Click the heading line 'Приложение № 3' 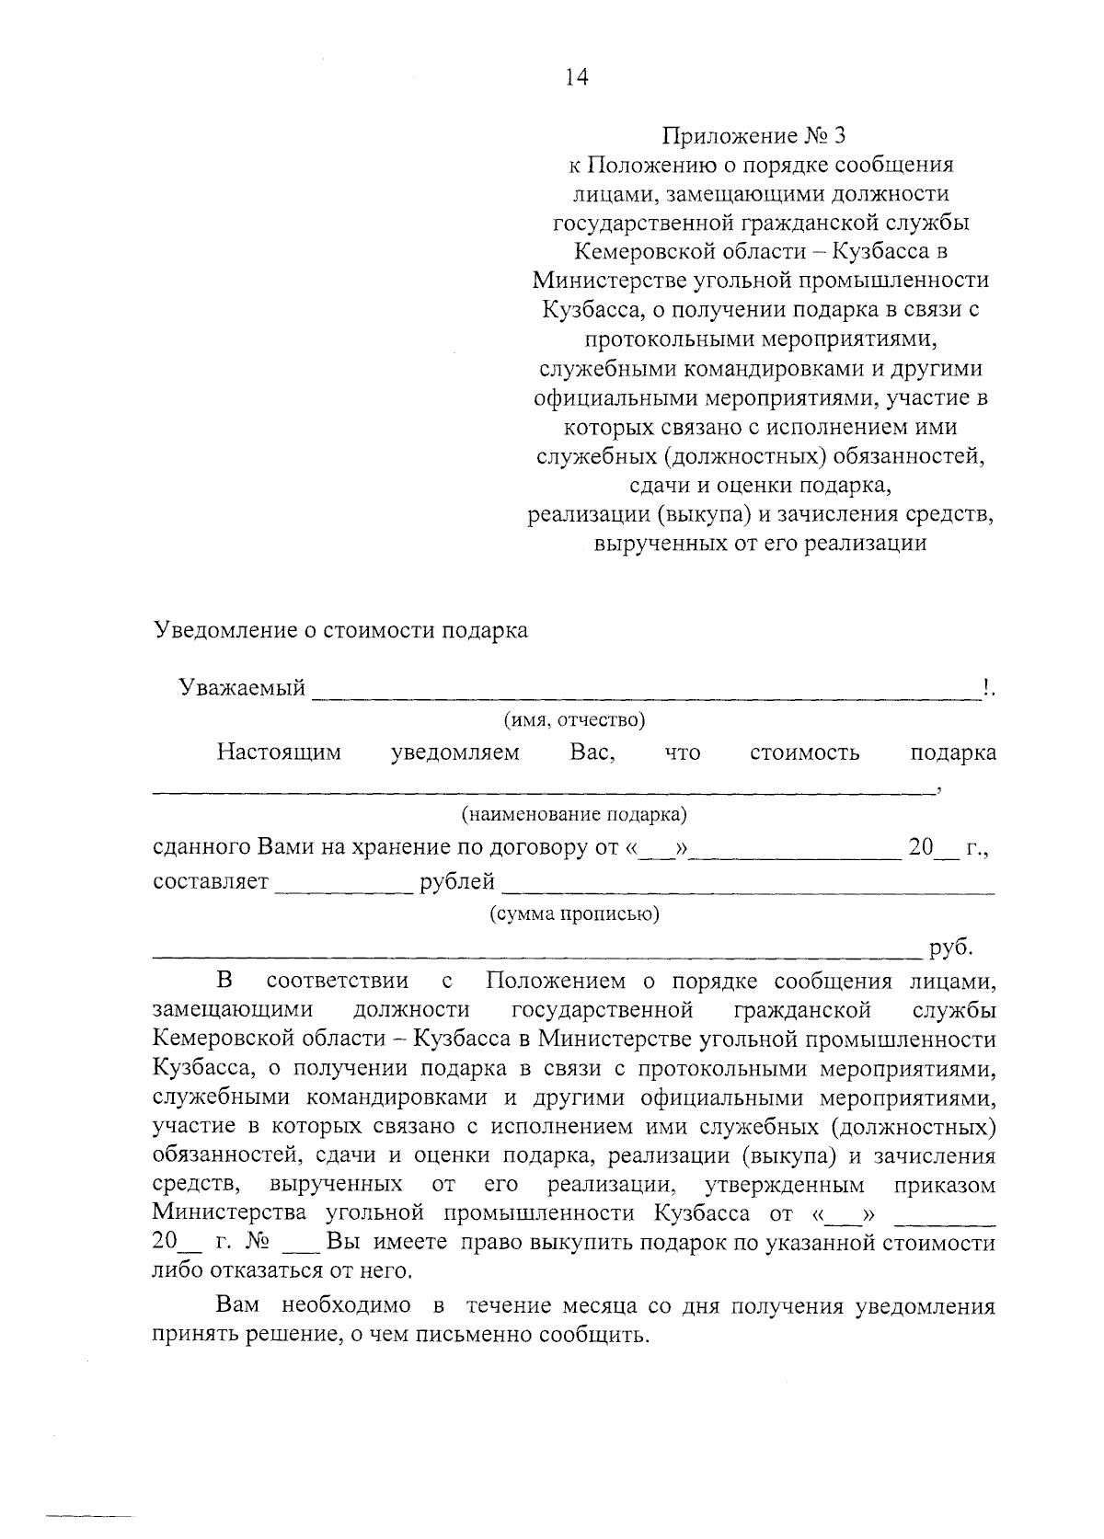click(753, 136)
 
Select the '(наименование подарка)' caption click(574, 814)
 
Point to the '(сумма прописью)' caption click(574, 914)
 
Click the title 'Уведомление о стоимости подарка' click(340, 631)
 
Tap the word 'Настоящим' click(279, 752)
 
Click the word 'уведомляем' click(455, 752)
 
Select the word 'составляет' click(211, 882)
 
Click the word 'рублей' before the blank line click(457, 882)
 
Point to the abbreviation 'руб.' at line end click(951, 948)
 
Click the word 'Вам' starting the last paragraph click(238, 1306)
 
